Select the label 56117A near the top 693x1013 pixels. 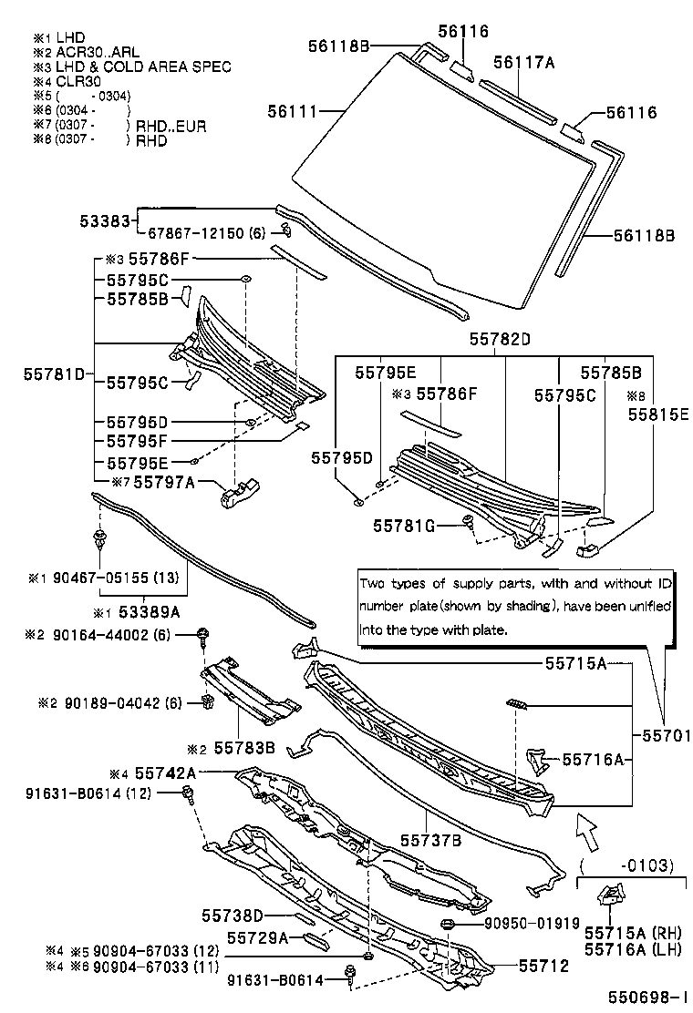click(x=524, y=62)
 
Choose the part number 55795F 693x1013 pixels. click(x=137, y=441)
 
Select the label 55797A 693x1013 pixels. click(x=164, y=482)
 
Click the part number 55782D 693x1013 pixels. click(x=500, y=339)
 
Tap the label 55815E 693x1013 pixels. click(x=657, y=413)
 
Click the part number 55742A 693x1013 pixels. click(x=165, y=772)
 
